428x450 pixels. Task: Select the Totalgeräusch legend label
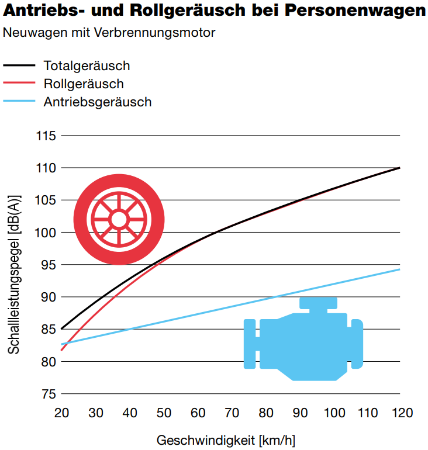coord(87,65)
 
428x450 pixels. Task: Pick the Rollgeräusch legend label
coord(84,84)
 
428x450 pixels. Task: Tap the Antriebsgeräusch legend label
coord(98,102)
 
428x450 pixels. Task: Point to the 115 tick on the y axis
coord(45,136)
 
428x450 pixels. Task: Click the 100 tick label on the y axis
coord(45,233)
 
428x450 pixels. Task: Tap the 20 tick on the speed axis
coord(61,413)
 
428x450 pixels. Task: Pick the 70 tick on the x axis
coord(232,413)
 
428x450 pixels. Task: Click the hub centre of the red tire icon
coord(119,219)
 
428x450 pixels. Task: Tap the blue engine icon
coord(302,342)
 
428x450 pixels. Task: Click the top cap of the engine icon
coord(319,303)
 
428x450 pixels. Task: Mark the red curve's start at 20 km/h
coord(61,350)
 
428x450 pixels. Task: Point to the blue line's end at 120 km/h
coord(399,269)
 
